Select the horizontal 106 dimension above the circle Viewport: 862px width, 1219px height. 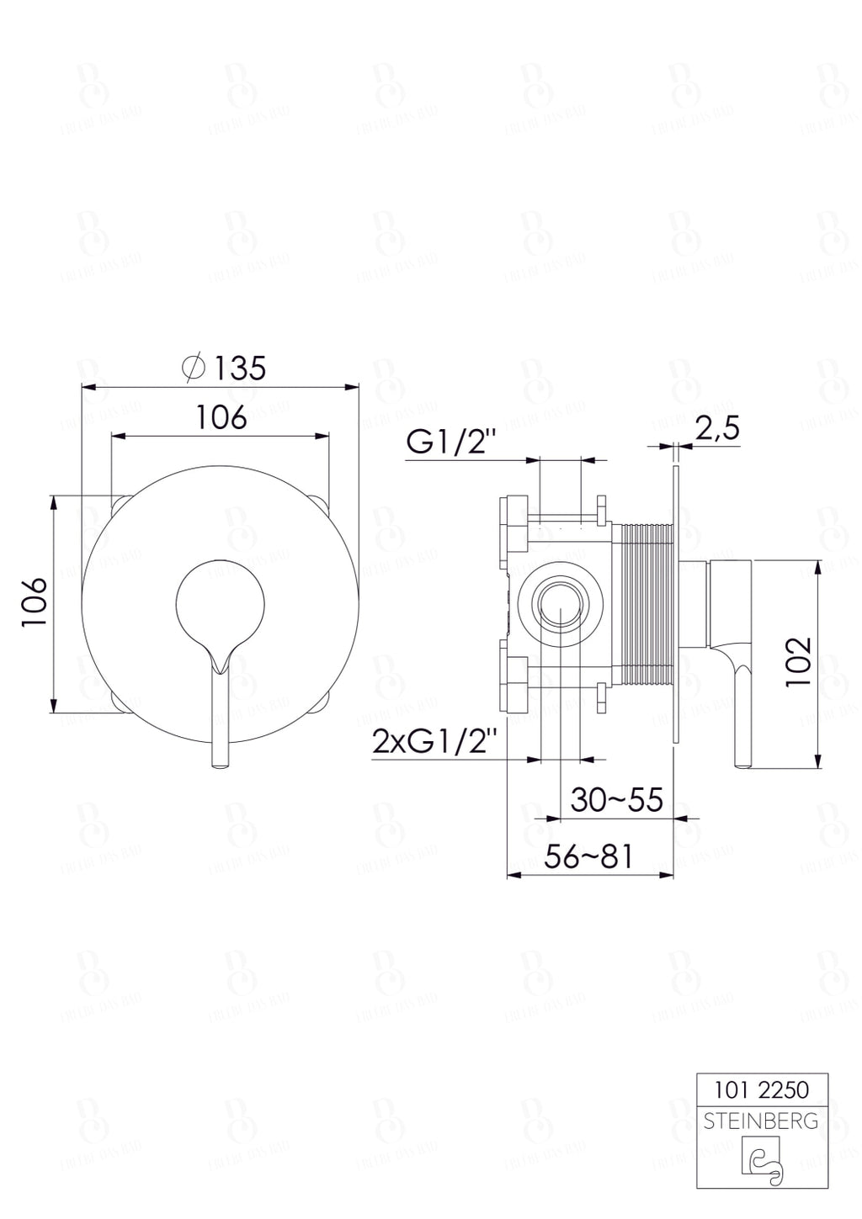[221, 417]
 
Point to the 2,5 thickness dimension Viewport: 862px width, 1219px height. [716, 429]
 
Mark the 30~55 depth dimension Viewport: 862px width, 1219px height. [616, 799]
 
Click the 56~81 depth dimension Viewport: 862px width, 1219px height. [588, 857]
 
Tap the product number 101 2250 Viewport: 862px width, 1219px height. [762, 1090]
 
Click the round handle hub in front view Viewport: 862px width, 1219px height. [221, 601]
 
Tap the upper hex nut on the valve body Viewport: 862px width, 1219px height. [513, 522]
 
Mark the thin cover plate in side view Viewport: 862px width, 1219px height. [675, 603]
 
